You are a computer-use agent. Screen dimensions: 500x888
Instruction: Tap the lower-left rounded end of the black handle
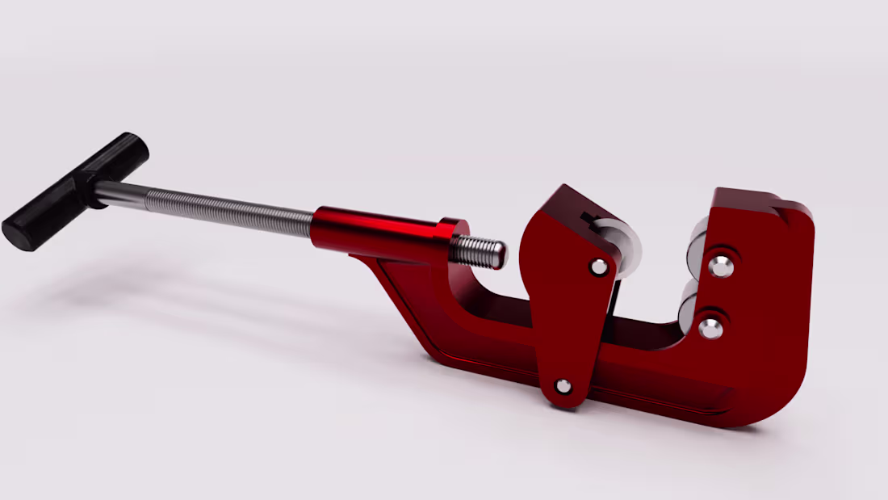coord(18,233)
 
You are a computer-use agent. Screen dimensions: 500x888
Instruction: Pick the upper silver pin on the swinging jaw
coord(599,267)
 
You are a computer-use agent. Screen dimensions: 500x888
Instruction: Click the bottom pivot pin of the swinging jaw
coord(563,386)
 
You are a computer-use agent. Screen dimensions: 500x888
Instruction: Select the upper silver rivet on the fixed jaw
coord(720,266)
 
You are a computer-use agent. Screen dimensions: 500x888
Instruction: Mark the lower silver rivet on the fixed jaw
coord(710,328)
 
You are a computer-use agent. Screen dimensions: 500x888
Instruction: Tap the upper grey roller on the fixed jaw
coord(697,246)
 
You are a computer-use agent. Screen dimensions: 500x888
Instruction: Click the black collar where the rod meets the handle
coord(99,194)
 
